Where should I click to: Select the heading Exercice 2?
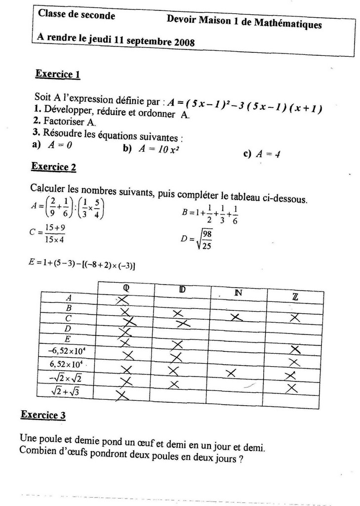(53, 167)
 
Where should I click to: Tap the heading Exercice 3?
(43, 415)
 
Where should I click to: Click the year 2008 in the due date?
(183, 42)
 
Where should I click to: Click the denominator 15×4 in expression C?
(55, 240)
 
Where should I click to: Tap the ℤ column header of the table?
(295, 296)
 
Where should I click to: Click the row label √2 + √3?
(67, 391)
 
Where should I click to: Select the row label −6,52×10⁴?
(68, 352)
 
